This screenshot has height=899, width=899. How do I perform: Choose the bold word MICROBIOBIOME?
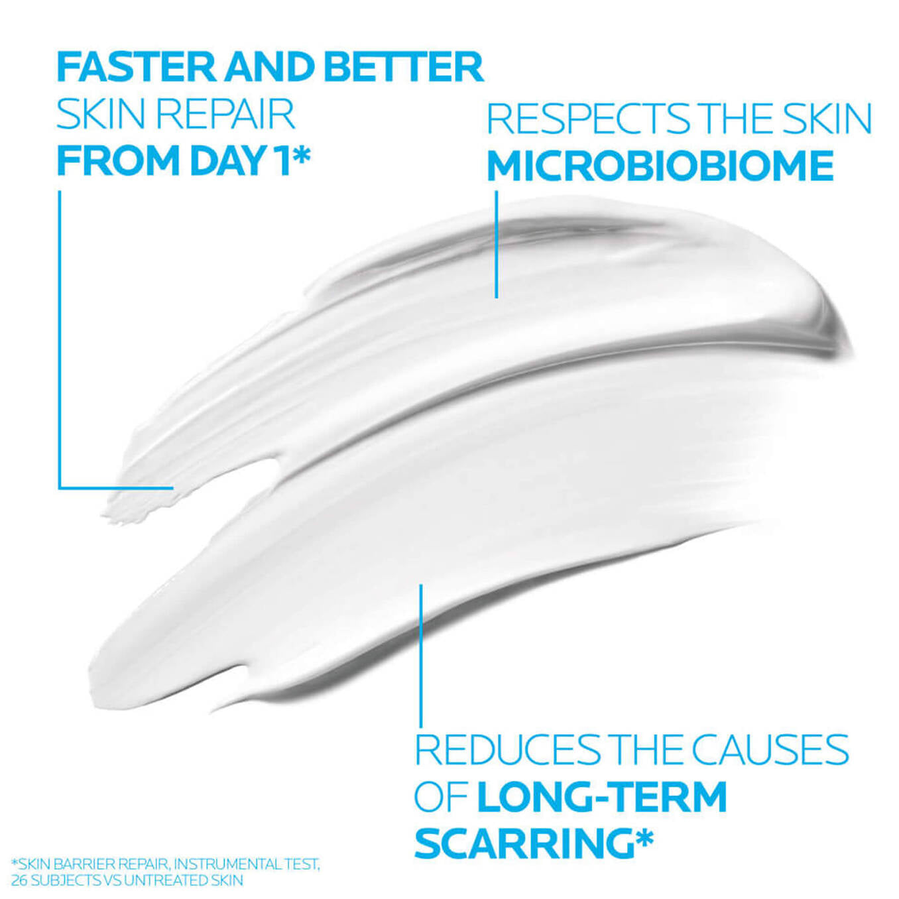tap(660, 166)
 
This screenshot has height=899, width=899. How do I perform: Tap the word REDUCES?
tap(507, 750)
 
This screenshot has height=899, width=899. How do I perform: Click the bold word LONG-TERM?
tap(602, 796)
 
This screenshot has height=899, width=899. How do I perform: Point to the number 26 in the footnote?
tap(19, 880)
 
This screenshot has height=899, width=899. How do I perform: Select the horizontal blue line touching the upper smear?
tap(116, 488)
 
